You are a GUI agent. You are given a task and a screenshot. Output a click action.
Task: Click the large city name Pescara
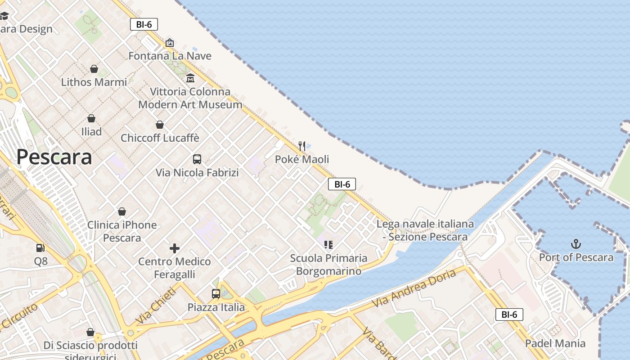click(54, 157)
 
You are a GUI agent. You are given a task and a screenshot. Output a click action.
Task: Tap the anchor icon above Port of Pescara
click(576, 244)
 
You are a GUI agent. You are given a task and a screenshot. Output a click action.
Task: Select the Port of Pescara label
click(576, 257)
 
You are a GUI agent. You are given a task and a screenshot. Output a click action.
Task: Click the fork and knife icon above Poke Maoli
click(302, 146)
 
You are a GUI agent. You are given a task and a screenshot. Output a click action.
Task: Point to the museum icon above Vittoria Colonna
click(190, 78)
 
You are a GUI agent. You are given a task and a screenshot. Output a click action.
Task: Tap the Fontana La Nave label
click(170, 56)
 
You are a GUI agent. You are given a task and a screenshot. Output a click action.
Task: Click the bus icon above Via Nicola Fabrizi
click(197, 159)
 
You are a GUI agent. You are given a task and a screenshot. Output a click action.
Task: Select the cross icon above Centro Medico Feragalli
click(175, 248)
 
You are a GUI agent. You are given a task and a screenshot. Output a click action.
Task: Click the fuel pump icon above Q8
click(40, 248)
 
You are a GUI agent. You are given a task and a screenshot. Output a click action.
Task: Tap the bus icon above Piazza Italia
click(216, 294)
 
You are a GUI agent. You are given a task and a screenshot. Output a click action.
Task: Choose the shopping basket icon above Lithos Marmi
click(94, 69)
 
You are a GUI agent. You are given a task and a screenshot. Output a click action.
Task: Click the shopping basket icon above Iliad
click(91, 118)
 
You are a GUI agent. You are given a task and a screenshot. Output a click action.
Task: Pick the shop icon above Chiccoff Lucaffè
click(160, 125)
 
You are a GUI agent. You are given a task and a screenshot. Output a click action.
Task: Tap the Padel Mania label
click(555, 343)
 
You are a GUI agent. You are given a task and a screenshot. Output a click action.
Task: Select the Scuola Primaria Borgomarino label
click(328, 265)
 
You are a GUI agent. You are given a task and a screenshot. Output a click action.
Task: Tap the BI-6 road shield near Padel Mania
click(509, 315)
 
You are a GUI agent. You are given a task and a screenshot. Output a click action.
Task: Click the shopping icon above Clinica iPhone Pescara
click(122, 211)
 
